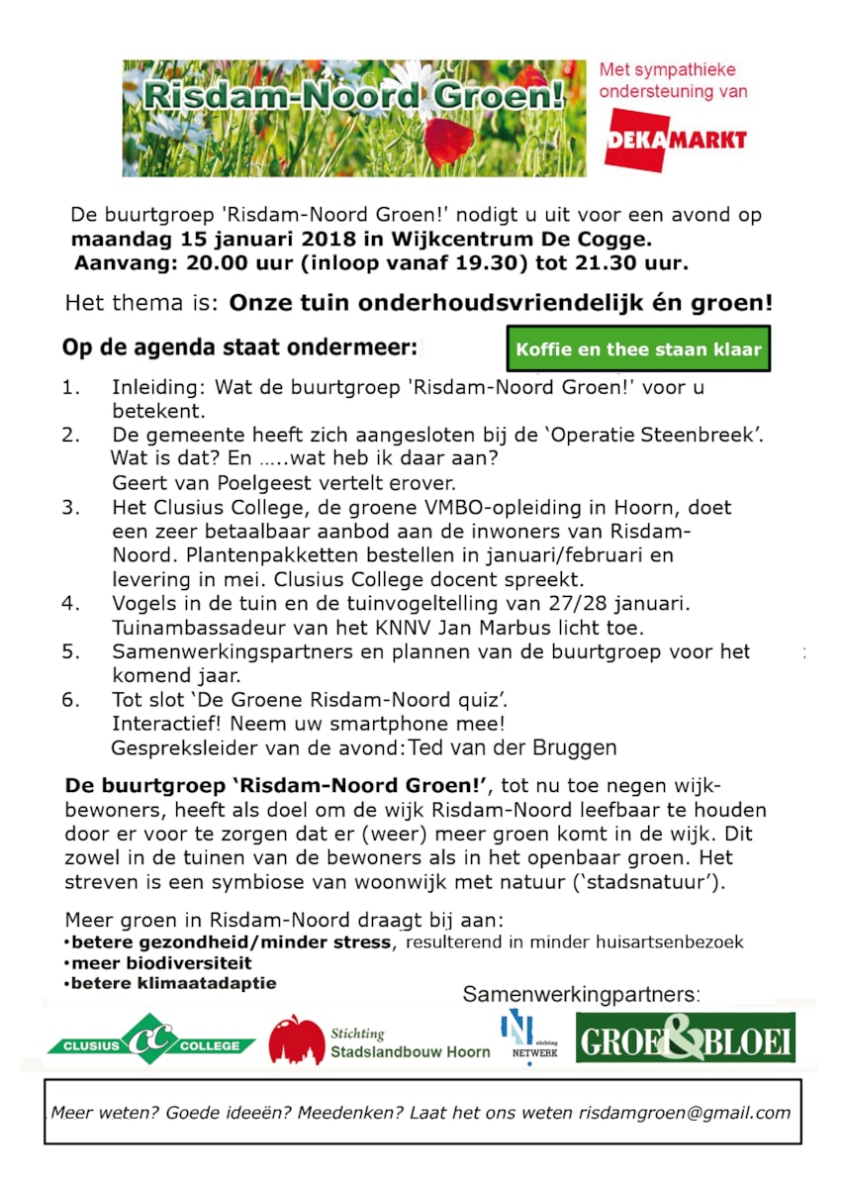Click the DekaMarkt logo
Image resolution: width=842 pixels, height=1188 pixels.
point(676,140)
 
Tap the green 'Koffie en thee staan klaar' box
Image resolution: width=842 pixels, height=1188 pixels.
point(638,348)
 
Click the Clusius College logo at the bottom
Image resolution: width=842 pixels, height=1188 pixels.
point(150,1039)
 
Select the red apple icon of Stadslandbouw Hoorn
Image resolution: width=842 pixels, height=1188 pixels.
point(296,1039)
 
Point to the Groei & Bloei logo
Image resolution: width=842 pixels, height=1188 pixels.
point(686,1039)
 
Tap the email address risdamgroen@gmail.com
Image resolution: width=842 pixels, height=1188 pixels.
point(685,1112)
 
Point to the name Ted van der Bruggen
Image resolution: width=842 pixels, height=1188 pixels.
point(513,747)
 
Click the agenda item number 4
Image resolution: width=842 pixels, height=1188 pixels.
point(70,603)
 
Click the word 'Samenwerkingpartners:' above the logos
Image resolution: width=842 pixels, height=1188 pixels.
point(581,994)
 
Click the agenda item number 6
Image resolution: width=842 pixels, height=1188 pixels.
point(70,700)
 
